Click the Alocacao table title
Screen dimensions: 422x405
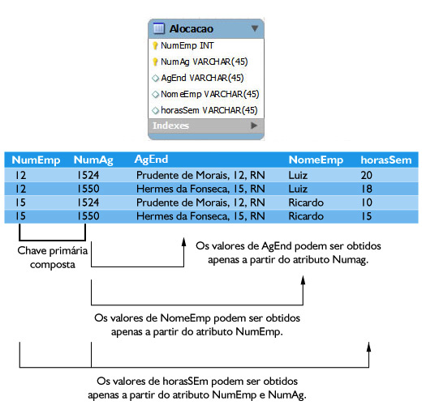192,29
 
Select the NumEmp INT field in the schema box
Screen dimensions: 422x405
187,45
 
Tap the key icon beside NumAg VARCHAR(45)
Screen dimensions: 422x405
155,62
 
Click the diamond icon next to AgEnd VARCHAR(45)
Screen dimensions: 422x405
155,79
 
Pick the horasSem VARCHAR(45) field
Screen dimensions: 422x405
209,110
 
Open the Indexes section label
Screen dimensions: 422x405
170,126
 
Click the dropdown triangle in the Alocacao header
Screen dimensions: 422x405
254,28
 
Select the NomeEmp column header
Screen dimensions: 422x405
316,160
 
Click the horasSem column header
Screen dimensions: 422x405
386,160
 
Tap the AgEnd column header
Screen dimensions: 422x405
151,160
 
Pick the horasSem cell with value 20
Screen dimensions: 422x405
367,176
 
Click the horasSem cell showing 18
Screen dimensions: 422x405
367,189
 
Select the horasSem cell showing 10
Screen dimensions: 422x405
367,202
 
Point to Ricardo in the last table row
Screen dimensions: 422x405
306,216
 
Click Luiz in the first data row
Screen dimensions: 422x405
298,176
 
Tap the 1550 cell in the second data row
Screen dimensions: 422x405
88,189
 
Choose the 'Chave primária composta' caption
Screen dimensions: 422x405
53,258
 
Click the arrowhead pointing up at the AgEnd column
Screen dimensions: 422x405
184,241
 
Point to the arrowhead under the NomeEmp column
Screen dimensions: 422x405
303,279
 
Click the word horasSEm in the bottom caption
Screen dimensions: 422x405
185,382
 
